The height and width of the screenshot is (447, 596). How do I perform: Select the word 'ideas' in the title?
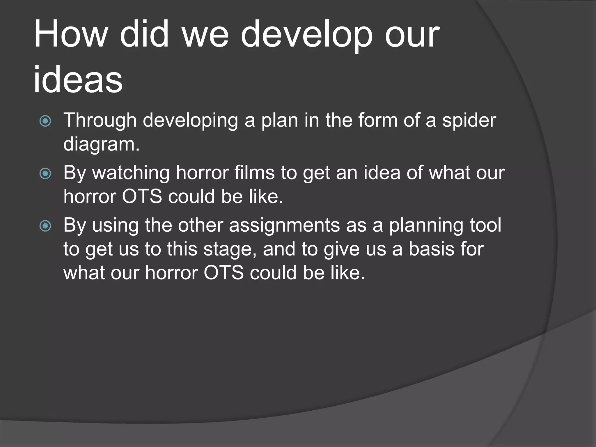[x=78, y=79]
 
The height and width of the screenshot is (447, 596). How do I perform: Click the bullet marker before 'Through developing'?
[x=45, y=121]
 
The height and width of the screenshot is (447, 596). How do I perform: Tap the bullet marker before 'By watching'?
[x=45, y=174]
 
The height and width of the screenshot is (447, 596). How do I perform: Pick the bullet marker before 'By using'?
[x=45, y=226]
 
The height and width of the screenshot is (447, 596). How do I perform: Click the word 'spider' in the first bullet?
[x=469, y=121]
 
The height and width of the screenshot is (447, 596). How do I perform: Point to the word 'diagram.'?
[x=101, y=145]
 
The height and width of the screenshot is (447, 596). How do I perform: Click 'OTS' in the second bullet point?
[x=142, y=196]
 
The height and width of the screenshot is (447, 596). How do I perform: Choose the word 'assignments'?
[x=284, y=226]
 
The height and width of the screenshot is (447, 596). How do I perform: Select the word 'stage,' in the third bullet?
[x=230, y=250]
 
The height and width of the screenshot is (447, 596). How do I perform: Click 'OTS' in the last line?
[x=223, y=273]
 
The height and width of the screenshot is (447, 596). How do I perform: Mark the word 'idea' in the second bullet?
[x=382, y=173]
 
